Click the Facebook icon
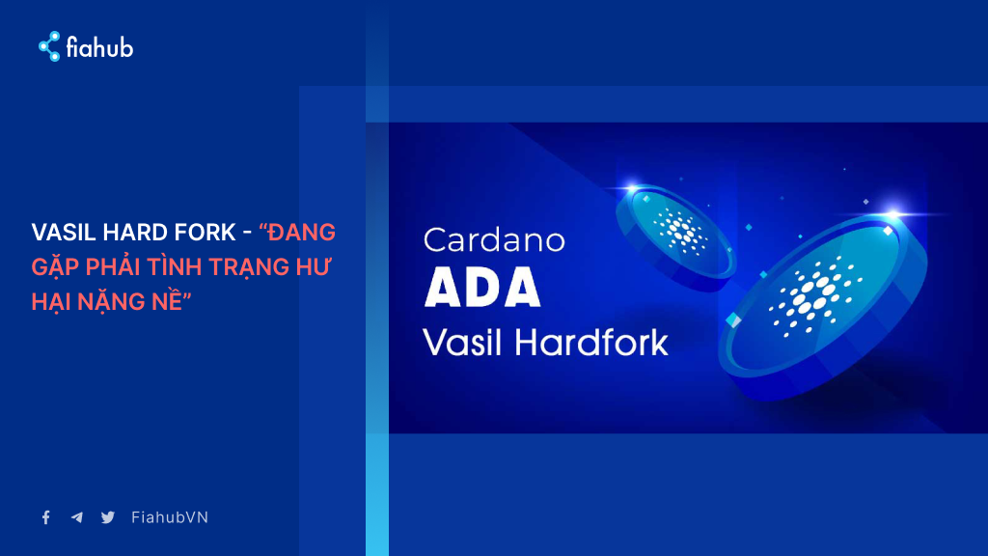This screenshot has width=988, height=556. coord(46,517)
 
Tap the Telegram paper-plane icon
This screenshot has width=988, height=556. coord(77,517)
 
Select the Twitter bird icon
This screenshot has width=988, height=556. coord(108,517)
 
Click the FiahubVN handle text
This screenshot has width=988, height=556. coord(170,517)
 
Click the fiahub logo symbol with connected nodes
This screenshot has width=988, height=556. coord(49,46)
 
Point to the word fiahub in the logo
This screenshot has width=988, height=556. coord(99,47)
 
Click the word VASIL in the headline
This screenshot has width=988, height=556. coord(64,233)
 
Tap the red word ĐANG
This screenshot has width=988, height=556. coord(301,233)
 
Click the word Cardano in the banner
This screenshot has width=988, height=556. coord(494,240)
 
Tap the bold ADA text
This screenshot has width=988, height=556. coord(482,288)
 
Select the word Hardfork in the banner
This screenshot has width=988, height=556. coord(591,343)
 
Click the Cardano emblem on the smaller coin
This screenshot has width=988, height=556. coord(680,231)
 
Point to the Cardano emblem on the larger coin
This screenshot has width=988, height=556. coord(815,295)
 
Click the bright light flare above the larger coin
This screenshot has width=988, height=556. coord(893,214)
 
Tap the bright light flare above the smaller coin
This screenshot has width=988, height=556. coord(631,187)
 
